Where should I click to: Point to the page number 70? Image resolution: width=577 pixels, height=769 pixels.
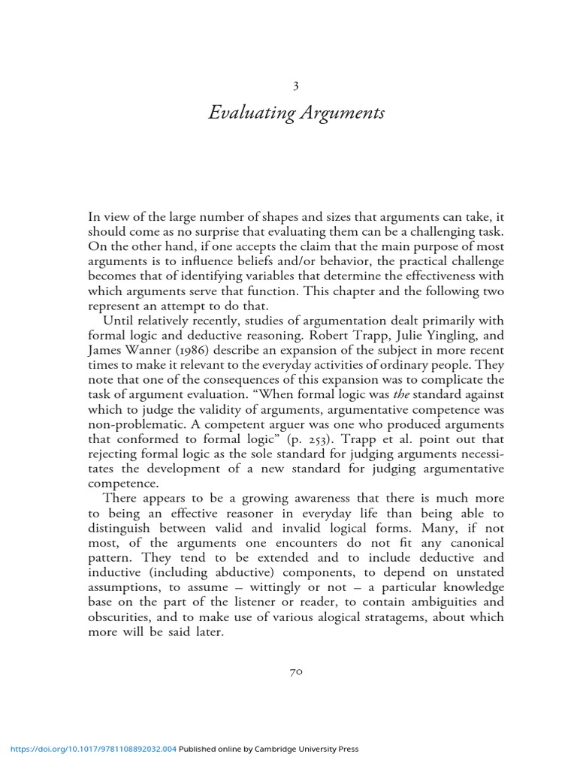click(x=295, y=673)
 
